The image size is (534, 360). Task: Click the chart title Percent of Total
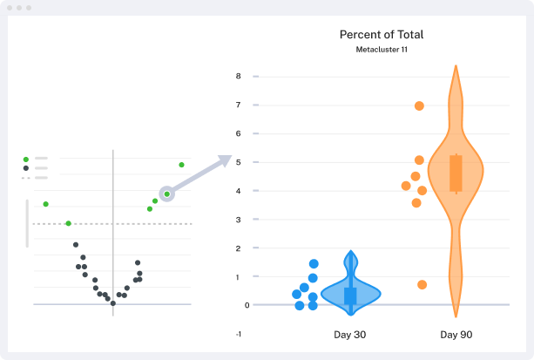point(382,35)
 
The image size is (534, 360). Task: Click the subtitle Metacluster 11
point(382,51)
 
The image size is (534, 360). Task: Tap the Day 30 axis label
point(351,335)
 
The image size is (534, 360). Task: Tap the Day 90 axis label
point(456,335)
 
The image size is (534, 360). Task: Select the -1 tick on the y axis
point(238,334)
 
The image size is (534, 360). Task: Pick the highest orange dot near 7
point(419,105)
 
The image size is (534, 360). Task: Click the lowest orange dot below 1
point(422,284)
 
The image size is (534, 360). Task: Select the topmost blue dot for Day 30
point(314,263)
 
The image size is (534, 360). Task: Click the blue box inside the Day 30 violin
point(350,295)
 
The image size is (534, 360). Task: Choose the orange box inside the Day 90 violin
point(456,173)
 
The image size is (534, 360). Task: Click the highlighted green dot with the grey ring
point(166,194)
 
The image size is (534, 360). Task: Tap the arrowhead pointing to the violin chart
point(226,160)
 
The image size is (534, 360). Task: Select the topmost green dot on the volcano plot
point(181,164)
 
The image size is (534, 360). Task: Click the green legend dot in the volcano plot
point(26,160)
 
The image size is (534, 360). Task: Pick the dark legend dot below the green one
point(26,168)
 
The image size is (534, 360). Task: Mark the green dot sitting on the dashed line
point(68,223)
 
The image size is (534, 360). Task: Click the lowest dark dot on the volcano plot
point(112,303)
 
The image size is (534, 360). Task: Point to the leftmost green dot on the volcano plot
point(45,204)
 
